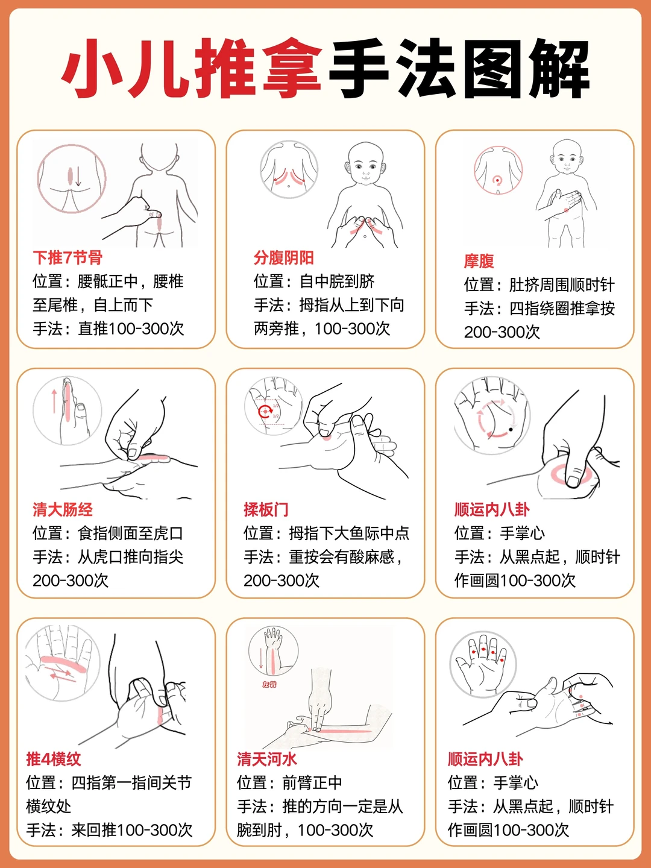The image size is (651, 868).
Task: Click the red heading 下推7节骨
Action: pos(68,258)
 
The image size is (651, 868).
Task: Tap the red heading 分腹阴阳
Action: pos(283,258)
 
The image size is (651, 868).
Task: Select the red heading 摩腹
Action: pos(479,261)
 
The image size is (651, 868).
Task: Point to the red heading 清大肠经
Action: pos(63,510)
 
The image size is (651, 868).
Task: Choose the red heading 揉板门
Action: pos(266,510)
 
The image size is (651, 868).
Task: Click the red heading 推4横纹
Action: pos(54,759)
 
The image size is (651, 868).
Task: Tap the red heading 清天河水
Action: pos(267,759)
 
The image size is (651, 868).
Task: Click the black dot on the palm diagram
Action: pos(511,429)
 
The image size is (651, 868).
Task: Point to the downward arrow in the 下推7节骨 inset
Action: pos(78,177)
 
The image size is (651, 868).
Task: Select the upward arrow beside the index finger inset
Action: pos(54,401)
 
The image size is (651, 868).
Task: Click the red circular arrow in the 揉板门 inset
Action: pos(265,411)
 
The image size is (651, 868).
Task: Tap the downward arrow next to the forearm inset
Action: pos(261,658)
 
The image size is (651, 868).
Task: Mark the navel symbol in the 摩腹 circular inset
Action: pos(497,180)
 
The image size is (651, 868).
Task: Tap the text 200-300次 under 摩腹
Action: pos(502,332)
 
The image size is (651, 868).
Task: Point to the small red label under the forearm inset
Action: pos(269,684)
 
